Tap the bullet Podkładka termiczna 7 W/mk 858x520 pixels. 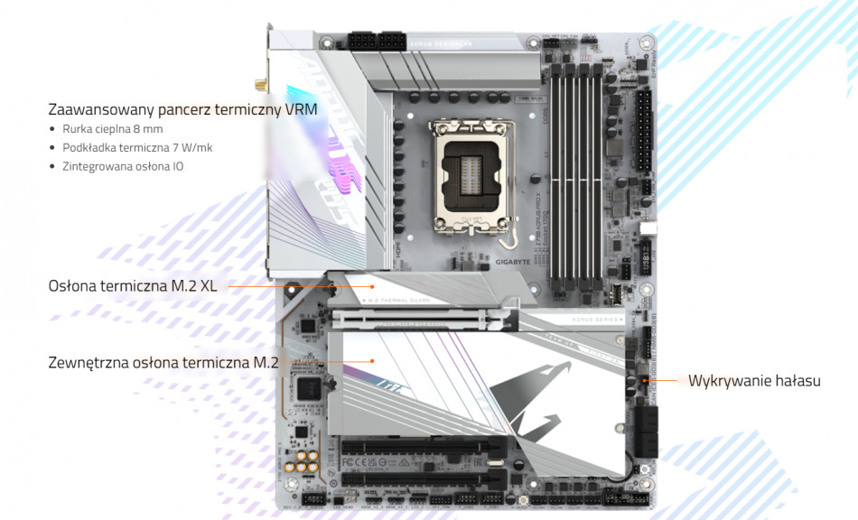(137, 147)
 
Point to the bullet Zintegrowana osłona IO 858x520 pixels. (123, 166)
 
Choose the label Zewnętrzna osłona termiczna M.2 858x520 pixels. (163, 363)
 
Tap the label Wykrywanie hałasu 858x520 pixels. (754, 381)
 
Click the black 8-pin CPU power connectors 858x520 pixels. (378, 42)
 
